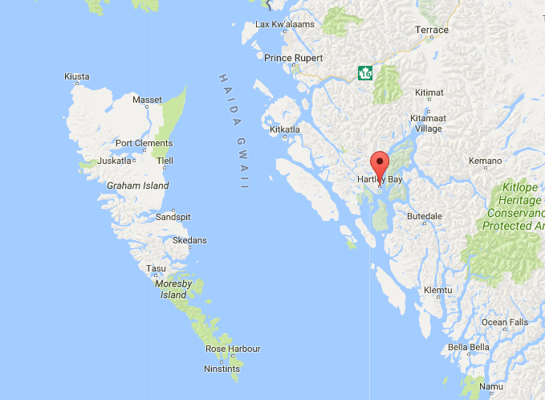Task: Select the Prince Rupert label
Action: click(293, 58)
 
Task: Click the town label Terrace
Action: click(431, 31)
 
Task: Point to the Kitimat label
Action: click(429, 93)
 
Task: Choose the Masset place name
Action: click(147, 100)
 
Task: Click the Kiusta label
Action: click(76, 77)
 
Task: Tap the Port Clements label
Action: click(144, 144)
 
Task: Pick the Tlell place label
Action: click(165, 161)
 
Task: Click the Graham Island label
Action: click(137, 186)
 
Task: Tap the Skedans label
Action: click(189, 240)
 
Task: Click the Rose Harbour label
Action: click(233, 349)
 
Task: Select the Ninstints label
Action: click(222, 369)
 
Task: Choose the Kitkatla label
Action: click(285, 129)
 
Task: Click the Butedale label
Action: click(425, 217)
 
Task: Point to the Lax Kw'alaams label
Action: click(283, 24)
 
